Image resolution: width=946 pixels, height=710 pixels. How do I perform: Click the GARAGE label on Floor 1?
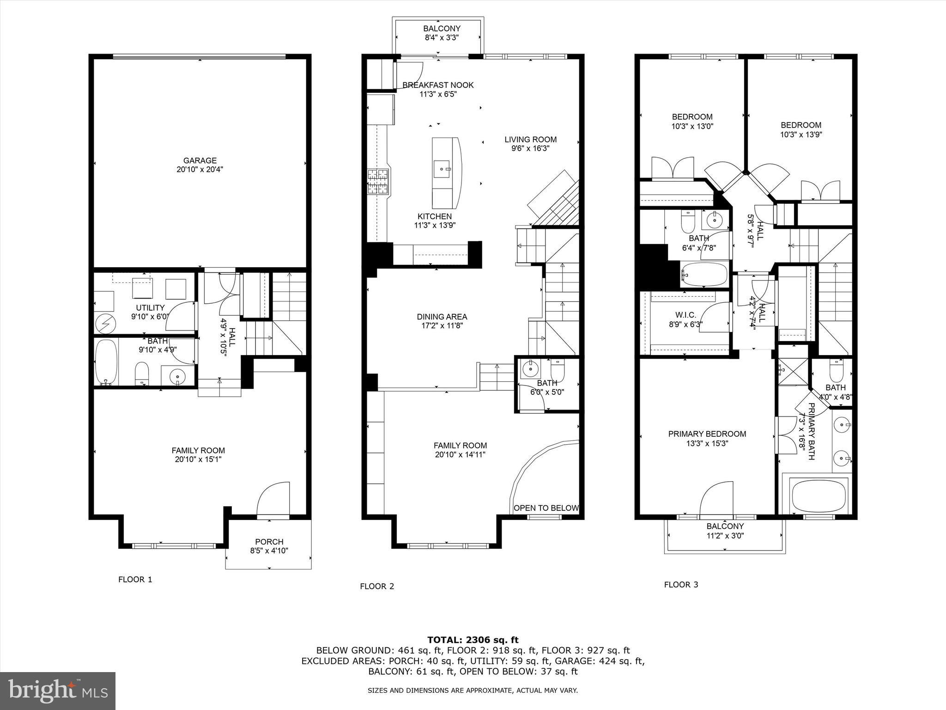click(200, 165)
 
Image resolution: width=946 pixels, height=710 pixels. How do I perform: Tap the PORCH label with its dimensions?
click(269, 546)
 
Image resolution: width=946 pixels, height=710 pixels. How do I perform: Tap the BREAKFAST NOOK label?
click(437, 89)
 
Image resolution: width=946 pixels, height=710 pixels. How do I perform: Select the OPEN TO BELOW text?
click(546, 508)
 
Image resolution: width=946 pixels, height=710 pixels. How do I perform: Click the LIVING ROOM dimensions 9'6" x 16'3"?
click(530, 149)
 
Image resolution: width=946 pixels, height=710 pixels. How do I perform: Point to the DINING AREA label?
click(442, 321)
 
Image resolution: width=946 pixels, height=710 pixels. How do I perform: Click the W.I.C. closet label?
click(685, 319)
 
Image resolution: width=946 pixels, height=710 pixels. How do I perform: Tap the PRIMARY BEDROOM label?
click(707, 438)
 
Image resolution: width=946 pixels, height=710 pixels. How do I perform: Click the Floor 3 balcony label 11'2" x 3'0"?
click(725, 531)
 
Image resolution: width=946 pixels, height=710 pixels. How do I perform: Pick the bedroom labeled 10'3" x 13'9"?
click(801, 130)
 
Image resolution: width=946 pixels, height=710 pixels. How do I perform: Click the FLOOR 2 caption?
click(377, 587)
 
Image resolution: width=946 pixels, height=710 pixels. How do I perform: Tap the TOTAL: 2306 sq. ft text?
click(473, 640)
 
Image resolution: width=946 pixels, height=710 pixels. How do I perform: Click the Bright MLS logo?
click(58, 691)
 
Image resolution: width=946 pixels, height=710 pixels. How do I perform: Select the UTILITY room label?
click(150, 312)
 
